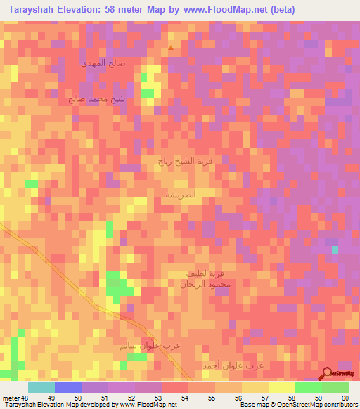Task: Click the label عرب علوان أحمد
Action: (238, 366)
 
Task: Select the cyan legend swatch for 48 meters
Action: (41, 387)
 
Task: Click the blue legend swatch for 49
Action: (67, 387)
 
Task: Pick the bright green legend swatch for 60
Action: (335, 387)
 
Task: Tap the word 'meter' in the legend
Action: (11, 398)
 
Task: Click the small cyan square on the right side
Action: (335, 249)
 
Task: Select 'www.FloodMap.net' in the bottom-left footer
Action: (148, 405)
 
